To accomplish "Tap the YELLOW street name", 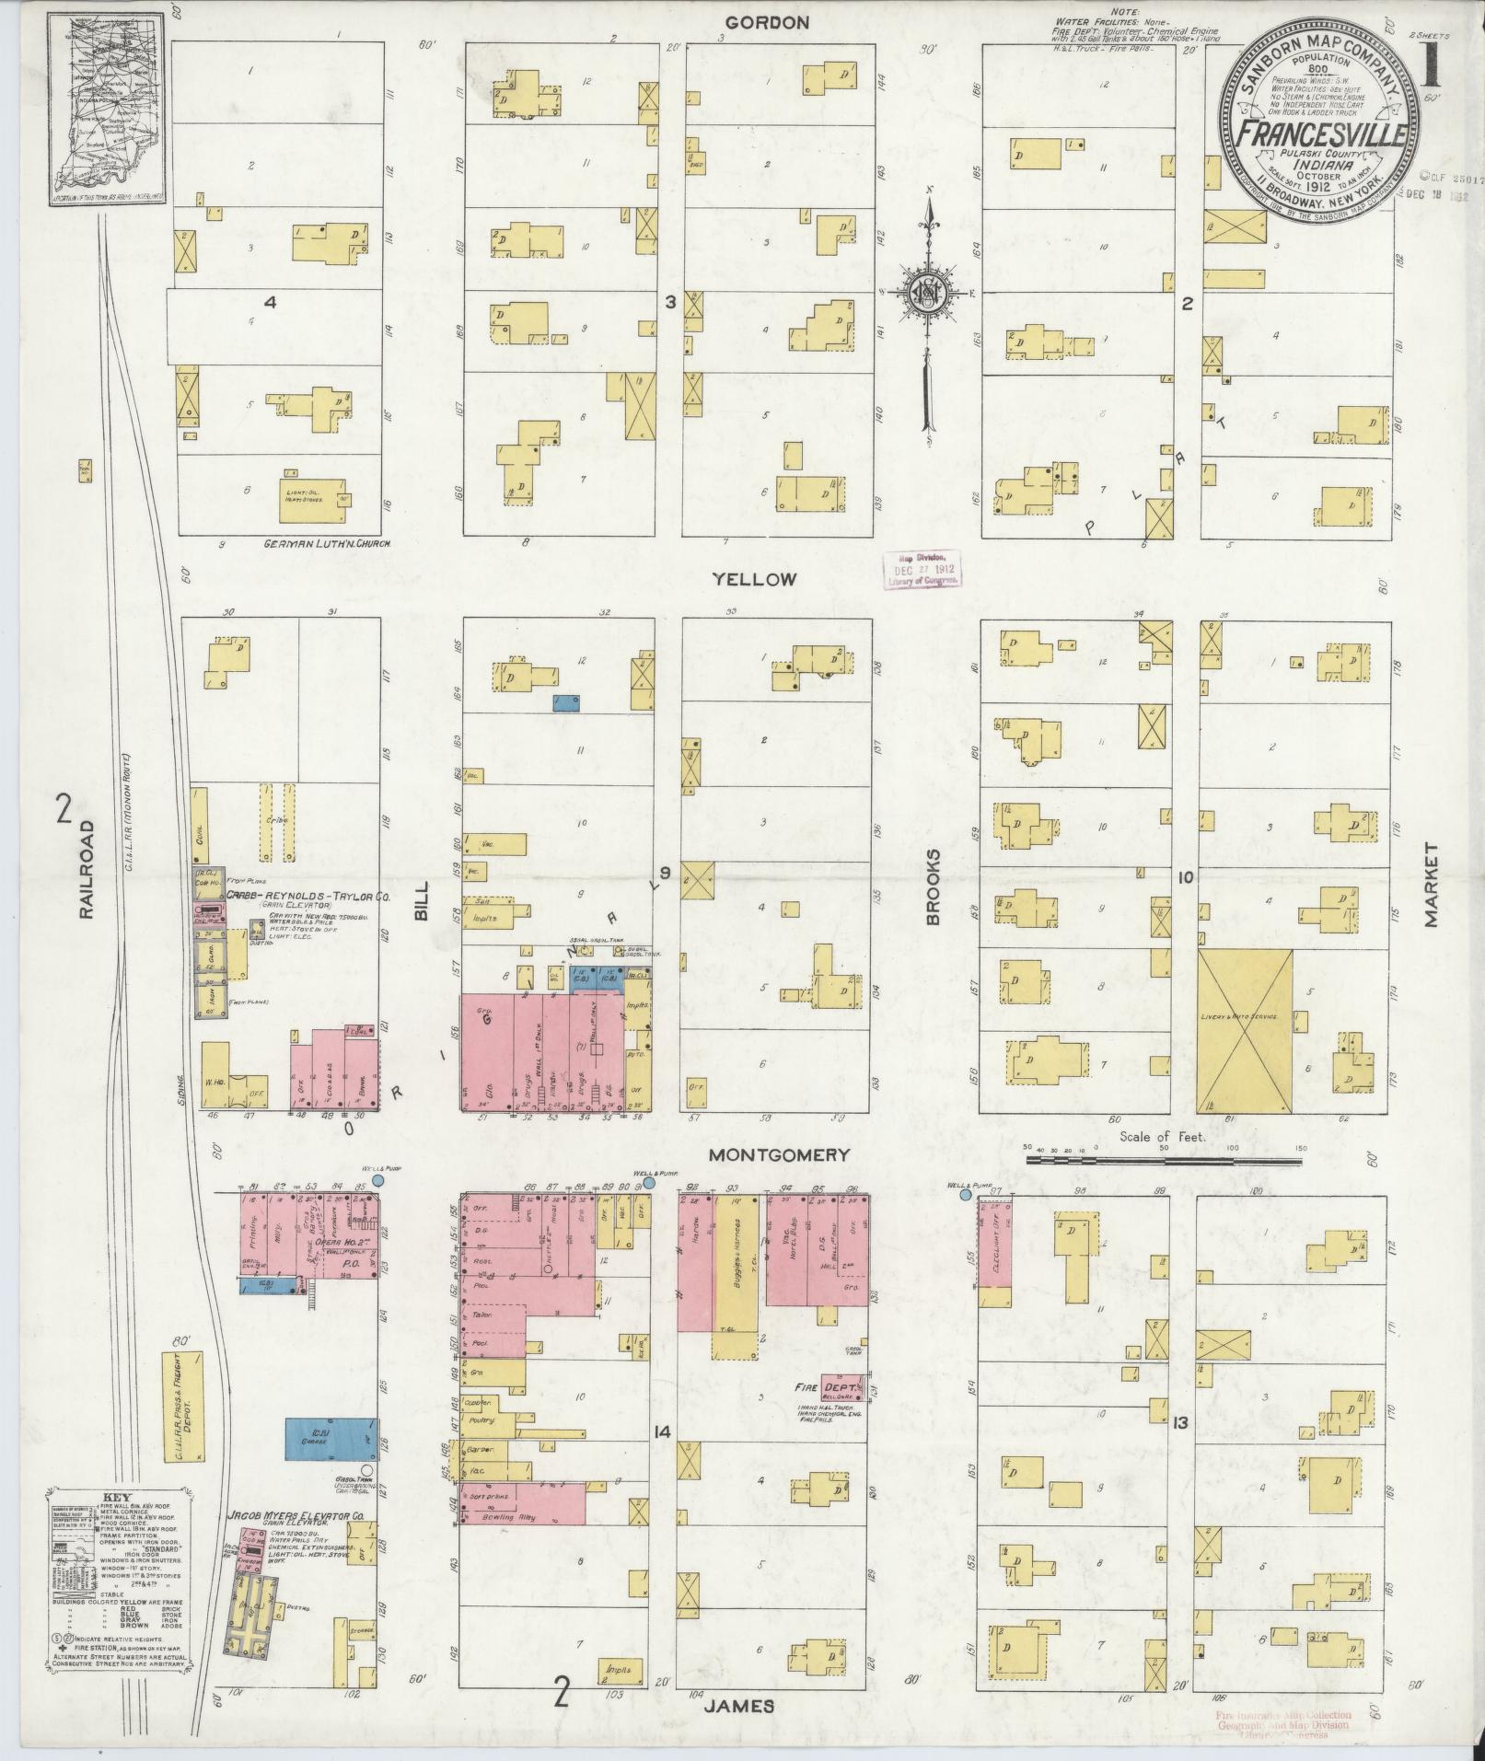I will [x=753, y=579].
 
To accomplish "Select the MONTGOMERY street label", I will [x=778, y=1154].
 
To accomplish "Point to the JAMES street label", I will [x=739, y=1706].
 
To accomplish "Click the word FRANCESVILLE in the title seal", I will [x=1320, y=135].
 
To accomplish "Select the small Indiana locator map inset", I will [x=103, y=109].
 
